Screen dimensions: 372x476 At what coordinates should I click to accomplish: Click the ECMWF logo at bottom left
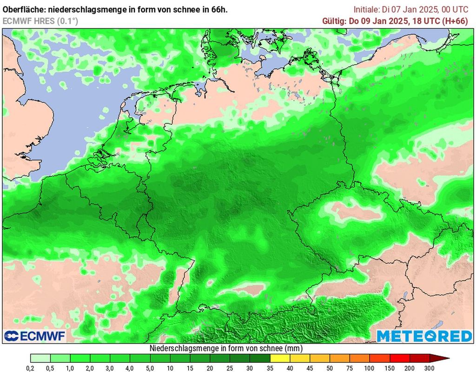click(35, 336)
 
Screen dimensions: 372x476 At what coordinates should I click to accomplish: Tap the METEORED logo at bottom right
click(424, 336)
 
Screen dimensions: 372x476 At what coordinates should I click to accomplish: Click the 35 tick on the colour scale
click(270, 367)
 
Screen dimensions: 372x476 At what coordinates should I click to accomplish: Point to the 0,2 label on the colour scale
click(31, 367)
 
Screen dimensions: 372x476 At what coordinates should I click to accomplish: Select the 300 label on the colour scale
click(430, 367)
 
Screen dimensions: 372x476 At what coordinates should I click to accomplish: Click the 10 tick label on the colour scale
click(170, 367)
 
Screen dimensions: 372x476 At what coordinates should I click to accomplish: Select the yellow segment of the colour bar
click(280, 358)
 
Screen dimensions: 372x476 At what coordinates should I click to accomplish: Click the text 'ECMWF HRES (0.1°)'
click(40, 21)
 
